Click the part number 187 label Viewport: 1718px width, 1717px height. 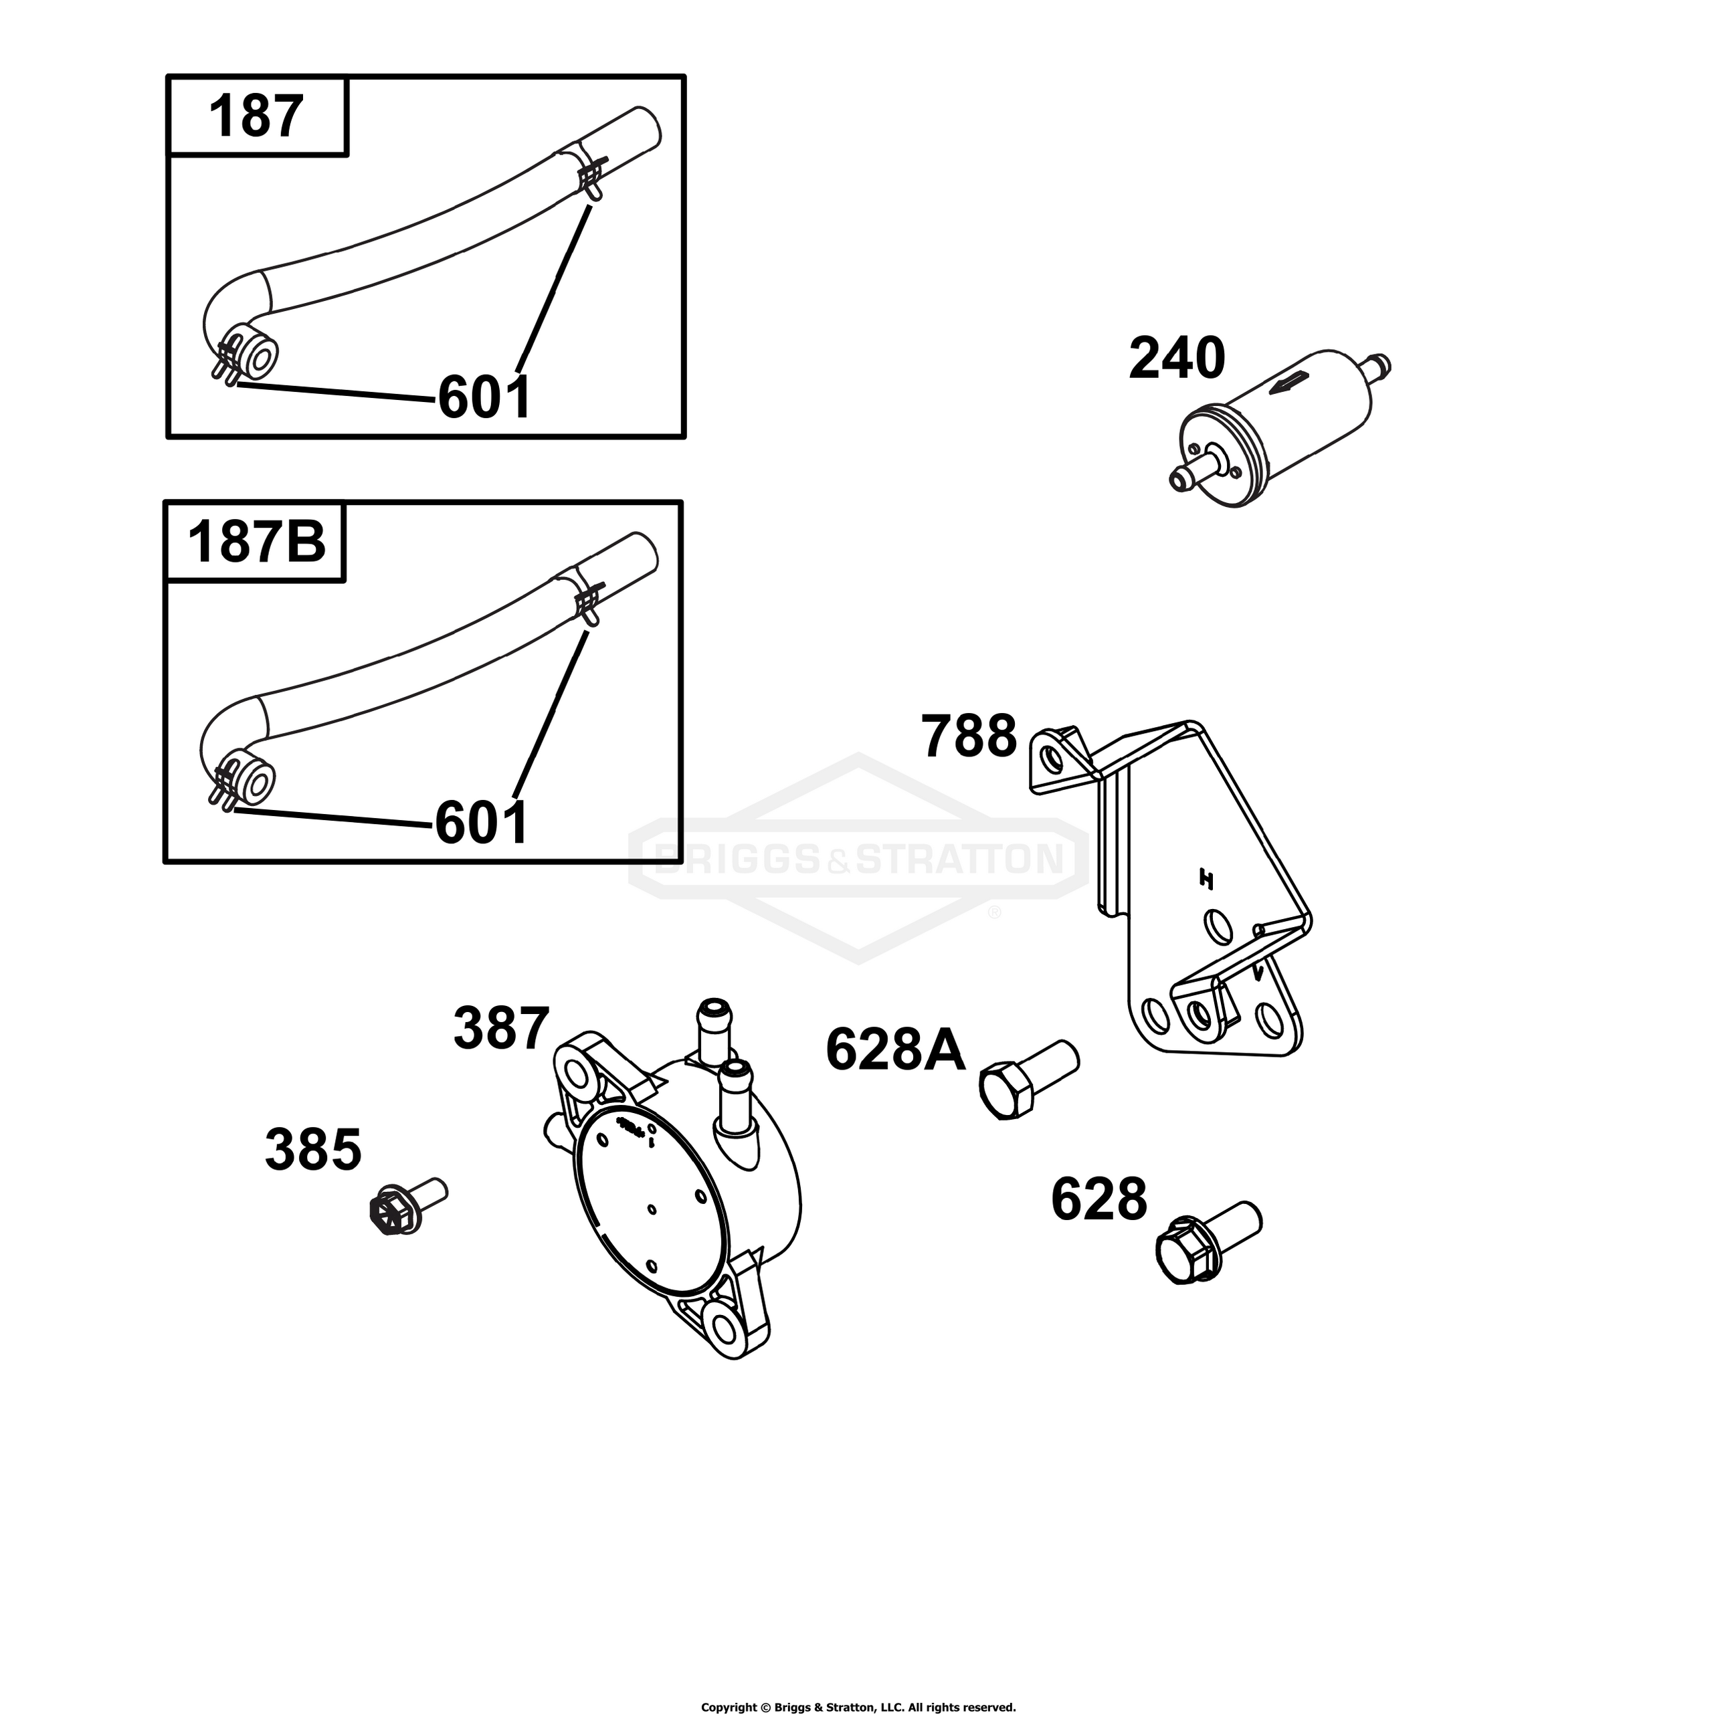(256, 116)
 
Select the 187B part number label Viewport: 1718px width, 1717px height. (256, 542)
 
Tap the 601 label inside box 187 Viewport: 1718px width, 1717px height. (484, 397)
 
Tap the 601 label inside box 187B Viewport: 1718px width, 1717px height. (481, 823)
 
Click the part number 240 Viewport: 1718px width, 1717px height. (1177, 359)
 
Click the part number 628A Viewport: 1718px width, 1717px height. (895, 1050)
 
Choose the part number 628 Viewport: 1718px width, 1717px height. (1099, 1199)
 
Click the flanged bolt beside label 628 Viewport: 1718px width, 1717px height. (1208, 1242)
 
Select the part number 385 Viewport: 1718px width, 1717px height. (313, 1150)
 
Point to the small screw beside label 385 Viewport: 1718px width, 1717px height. (407, 1206)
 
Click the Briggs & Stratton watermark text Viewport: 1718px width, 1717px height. (858, 859)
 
